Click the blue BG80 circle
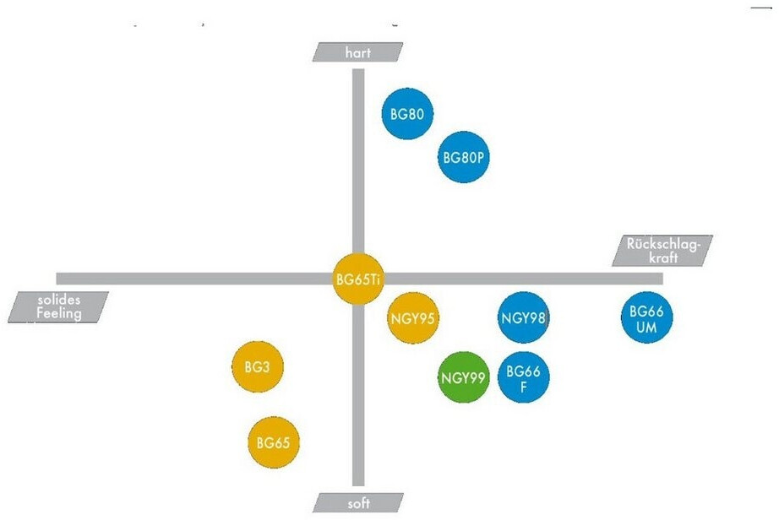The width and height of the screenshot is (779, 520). tap(408, 113)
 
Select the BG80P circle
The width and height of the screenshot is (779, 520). tap(464, 156)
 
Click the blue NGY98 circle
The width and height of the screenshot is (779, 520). tap(524, 318)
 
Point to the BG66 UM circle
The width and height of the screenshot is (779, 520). tap(647, 318)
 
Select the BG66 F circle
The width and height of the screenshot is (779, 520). tap(523, 377)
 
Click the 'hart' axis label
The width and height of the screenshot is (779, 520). tap(358, 52)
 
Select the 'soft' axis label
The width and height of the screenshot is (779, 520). tap(358, 503)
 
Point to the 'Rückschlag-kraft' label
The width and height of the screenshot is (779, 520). tap(664, 251)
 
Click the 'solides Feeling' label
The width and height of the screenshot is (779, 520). tap(59, 307)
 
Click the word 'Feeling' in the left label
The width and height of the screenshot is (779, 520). tap(58, 314)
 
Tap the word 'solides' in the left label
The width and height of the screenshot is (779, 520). tap(62, 300)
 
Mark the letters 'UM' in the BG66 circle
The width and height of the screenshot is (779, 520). tap(647, 326)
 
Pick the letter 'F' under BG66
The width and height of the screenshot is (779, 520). tap(523, 386)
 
